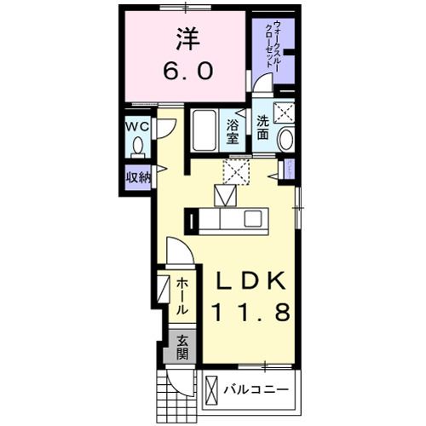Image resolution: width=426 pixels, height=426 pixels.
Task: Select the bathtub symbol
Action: [203, 131]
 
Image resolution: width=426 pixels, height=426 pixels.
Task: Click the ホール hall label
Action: [183, 298]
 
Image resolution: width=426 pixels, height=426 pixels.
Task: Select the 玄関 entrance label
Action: [182, 347]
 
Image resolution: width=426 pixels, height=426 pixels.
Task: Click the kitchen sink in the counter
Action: [253, 221]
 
